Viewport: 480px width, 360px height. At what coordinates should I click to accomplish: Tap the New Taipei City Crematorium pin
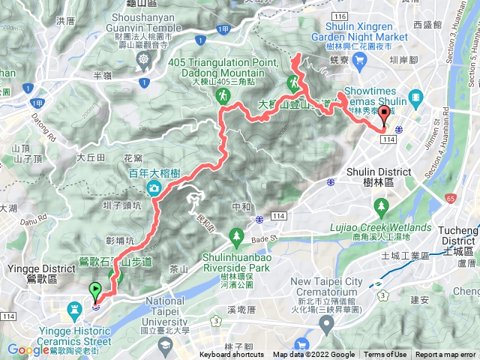(326, 324)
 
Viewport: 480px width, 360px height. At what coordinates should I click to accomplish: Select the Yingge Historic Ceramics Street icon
(75, 309)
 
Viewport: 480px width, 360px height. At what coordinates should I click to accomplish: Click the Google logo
(28, 349)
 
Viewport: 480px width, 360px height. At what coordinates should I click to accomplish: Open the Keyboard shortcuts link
(232, 355)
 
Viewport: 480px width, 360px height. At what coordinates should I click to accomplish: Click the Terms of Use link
(385, 355)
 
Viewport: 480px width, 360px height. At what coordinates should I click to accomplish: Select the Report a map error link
(445, 355)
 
